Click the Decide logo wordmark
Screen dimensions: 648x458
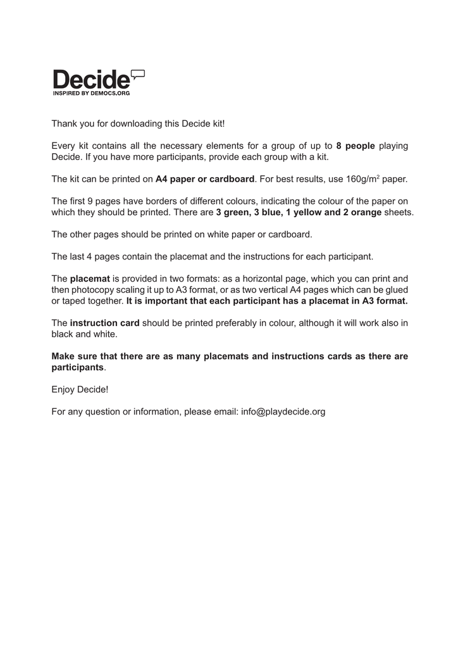tap(91, 80)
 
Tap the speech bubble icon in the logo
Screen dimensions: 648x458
tap(137, 75)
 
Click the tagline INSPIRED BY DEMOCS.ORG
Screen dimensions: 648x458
tap(91, 93)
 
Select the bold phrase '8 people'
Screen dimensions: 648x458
tap(356, 146)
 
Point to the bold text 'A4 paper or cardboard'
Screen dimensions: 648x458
tap(205, 179)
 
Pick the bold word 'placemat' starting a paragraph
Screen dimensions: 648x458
tap(90, 278)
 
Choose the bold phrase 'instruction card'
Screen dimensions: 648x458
tap(104, 323)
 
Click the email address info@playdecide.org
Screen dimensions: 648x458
tap(283, 412)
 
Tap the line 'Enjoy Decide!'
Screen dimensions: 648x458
tap(80, 389)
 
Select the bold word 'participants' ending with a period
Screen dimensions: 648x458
tap(77, 367)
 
